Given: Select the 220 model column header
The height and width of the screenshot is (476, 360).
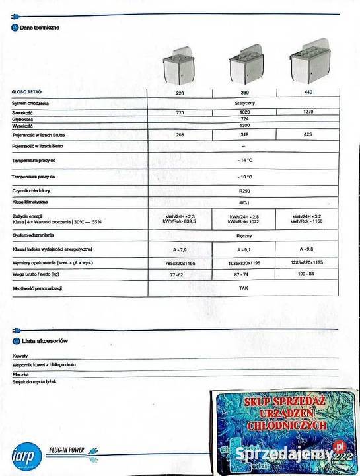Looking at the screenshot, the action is click(180, 94).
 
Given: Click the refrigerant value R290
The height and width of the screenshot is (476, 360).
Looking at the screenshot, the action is click(244, 190).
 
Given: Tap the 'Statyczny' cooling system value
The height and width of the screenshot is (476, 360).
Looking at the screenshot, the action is click(244, 104).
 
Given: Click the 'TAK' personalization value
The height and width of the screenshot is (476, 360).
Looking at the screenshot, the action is click(244, 289).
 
